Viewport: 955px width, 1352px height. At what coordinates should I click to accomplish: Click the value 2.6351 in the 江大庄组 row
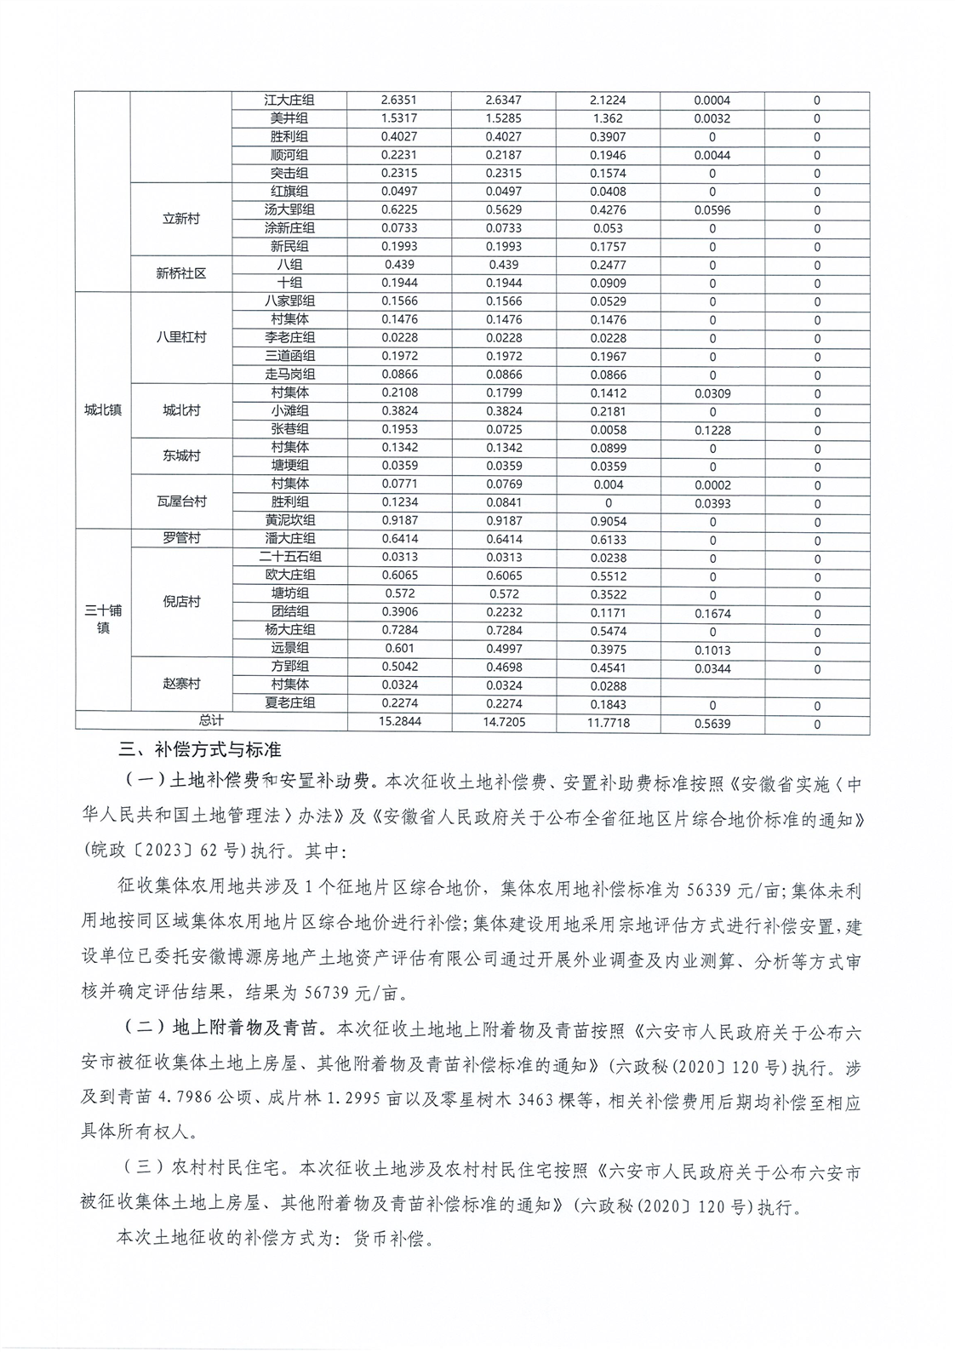pos(399,100)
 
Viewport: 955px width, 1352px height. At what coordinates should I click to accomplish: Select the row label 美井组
pos(289,118)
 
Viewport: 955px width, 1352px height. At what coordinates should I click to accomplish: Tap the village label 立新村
pos(180,219)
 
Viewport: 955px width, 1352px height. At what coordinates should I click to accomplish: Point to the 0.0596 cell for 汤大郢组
pos(712,209)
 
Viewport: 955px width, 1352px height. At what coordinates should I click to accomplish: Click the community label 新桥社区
pos(180,273)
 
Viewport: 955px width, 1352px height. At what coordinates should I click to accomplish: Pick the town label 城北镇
pos(103,410)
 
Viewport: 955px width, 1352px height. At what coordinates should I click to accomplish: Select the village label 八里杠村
pos(180,337)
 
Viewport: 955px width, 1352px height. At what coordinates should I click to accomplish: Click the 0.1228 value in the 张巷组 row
pos(712,430)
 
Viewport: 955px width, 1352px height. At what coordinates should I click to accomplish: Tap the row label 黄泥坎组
pos(289,520)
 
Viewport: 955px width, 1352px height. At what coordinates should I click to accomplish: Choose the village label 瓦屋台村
pos(180,501)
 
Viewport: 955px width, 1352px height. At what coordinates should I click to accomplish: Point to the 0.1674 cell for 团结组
pos(712,613)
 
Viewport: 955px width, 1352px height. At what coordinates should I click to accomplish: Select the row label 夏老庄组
pos(289,703)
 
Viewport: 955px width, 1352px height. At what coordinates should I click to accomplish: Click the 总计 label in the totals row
pos(211,721)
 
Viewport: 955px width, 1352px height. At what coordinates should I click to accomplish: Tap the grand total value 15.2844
pos(399,722)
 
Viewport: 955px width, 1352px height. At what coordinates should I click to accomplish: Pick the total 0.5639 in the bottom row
pos(712,724)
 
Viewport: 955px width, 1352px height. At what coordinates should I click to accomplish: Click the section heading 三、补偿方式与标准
pos(200,751)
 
